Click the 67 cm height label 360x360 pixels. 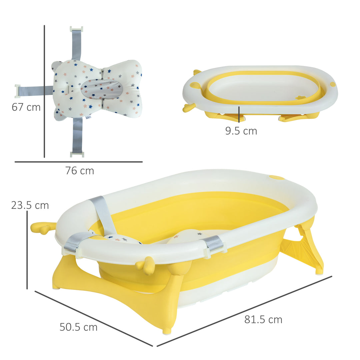pyautogui.click(x=26, y=107)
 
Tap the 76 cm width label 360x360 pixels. pyautogui.click(x=80, y=171)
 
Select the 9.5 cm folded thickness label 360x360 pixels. pyautogui.click(x=241, y=131)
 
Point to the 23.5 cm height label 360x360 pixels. pyautogui.click(x=30, y=205)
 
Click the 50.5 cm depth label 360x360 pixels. pyautogui.click(x=79, y=327)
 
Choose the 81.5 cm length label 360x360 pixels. pyautogui.click(x=263, y=320)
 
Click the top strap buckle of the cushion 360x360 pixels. pyautogui.click(x=76, y=29)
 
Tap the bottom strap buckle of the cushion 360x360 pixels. pyautogui.click(x=77, y=154)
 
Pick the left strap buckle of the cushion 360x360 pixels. pyautogui.click(x=18, y=91)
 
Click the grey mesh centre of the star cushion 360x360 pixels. pyautogui.click(x=101, y=89)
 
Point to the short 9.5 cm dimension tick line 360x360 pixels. pyautogui.click(x=239, y=113)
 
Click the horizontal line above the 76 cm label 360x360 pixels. pyautogui.click(x=79, y=162)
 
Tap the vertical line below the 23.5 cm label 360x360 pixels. pyautogui.click(x=27, y=250)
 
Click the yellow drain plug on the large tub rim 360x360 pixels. pyautogui.click(x=277, y=177)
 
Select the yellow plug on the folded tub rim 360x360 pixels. pyautogui.click(x=332, y=84)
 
